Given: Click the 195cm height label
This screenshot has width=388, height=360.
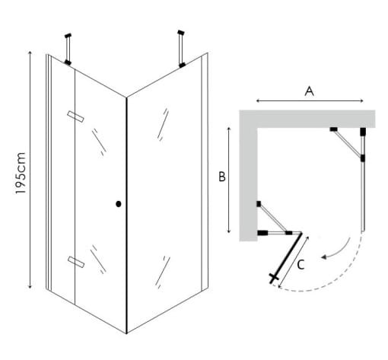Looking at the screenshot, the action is (21, 174).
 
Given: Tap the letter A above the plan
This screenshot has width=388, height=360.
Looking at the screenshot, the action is (309, 91).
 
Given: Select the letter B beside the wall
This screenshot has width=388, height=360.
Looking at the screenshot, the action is (222, 177).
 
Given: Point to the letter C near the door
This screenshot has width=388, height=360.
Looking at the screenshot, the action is (301, 265).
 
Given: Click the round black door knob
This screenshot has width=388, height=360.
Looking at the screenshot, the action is (119, 204).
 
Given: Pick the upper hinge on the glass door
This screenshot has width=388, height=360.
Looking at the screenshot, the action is (76, 116).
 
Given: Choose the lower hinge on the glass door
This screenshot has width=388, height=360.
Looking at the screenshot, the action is (76, 262).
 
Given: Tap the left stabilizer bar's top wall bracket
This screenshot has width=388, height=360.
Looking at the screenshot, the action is (68, 36).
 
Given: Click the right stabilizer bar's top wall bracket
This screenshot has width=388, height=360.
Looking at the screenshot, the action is (181, 33).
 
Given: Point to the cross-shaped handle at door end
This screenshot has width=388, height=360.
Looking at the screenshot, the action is (273, 278).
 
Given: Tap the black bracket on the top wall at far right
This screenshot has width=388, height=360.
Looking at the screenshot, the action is (363, 132).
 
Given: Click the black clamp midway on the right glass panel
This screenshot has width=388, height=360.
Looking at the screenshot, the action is (363, 158).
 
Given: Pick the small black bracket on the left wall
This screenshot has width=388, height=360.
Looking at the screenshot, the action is (259, 204).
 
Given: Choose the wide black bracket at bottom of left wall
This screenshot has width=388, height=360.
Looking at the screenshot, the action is (262, 233).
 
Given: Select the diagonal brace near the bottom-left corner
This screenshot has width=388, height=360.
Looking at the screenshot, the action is (273, 218).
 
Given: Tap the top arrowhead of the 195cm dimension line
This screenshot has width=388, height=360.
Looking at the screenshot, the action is (30, 53).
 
